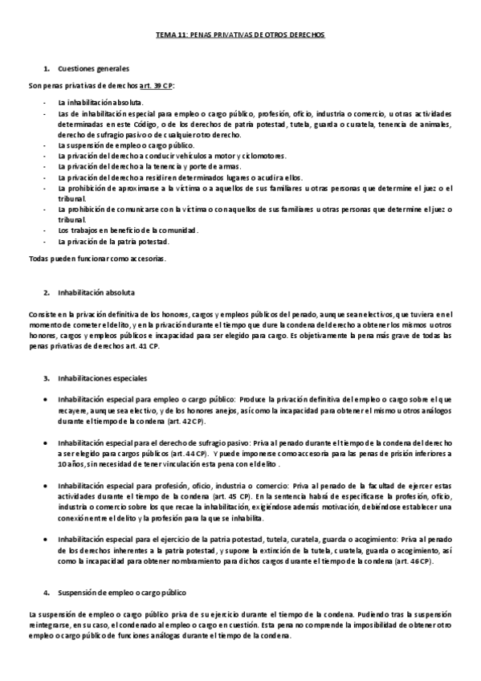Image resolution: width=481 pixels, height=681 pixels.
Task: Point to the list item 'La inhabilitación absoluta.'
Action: point(101,104)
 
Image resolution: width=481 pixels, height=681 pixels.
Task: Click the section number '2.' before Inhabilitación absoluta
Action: point(47,292)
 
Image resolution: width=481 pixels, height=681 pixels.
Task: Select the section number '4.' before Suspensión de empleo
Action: point(47,593)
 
